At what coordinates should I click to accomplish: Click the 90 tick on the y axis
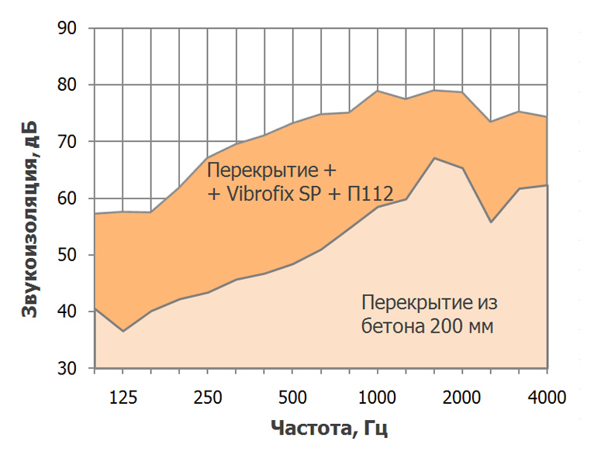click(67, 29)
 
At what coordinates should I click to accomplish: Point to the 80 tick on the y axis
click(67, 85)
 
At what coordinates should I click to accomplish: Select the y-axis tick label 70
click(67, 142)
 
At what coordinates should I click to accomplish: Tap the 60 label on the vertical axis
click(67, 198)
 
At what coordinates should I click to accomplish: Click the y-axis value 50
click(67, 255)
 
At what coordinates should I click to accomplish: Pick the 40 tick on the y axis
click(67, 312)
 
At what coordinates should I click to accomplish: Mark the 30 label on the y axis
click(67, 368)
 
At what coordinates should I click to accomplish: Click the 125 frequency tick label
click(123, 398)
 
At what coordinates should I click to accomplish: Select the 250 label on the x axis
click(207, 398)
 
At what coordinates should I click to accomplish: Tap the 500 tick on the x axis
click(292, 398)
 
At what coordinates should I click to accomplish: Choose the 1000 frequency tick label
click(377, 398)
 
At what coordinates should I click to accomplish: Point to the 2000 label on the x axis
click(462, 398)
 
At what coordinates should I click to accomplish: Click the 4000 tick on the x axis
click(547, 398)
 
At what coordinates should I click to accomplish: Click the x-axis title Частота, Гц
click(329, 427)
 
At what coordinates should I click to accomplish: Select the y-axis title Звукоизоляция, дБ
click(30, 219)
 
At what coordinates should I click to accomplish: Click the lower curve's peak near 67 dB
click(434, 158)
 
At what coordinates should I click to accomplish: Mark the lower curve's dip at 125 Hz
click(123, 331)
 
